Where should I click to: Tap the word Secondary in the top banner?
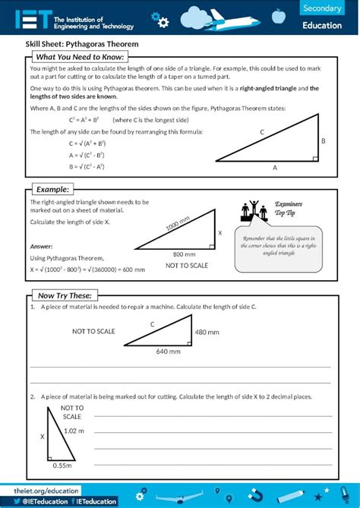pos(321,8)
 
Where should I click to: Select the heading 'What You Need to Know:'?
pos(80,57)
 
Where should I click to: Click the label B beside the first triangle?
pos(323,141)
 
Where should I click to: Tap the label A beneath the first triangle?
pos(275,168)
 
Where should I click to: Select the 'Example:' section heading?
pos(53,189)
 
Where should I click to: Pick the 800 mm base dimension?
pos(184,254)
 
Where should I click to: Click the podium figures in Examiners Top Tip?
pos(254,211)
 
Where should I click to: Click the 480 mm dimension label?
pos(207,332)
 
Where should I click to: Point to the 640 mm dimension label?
pos(169,352)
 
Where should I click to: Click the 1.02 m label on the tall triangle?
pos(74,431)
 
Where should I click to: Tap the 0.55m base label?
pos(62,465)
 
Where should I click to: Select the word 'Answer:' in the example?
pos(41,246)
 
